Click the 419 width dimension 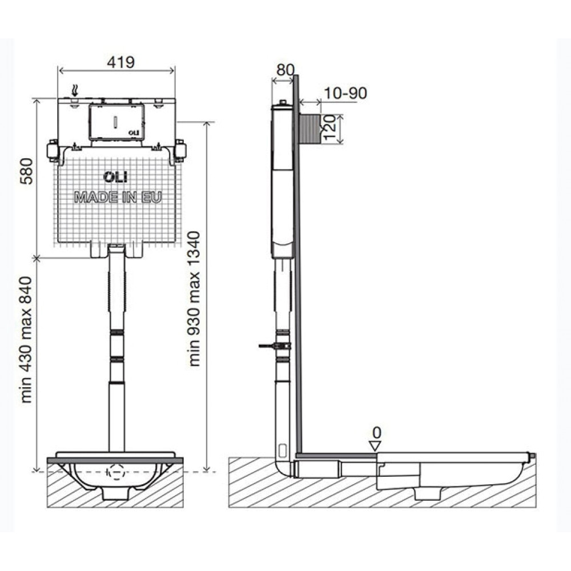tap(120, 62)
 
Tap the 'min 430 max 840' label tap(26, 340)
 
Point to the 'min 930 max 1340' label tap(194, 299)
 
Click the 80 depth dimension tap(285, 70)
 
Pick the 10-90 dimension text tap(345, 93)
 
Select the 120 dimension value tap(329, 127)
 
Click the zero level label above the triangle tap(377, 433)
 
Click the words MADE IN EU tap(118, 198)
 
